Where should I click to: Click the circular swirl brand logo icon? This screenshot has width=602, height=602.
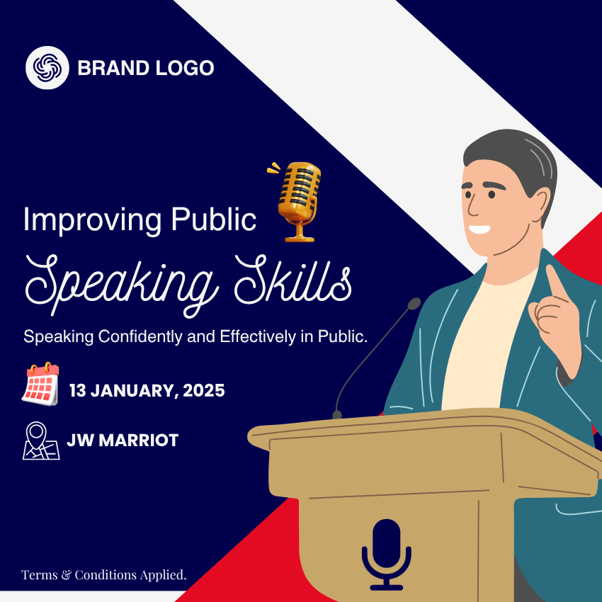[x=47, y=68]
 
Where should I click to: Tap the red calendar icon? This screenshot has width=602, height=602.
[x=40, y=383]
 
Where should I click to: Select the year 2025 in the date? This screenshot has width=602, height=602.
[x=204, y=391]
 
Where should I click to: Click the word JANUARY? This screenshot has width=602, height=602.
[x=134, y=391]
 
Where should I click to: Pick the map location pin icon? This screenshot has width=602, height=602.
[x=41, y=441]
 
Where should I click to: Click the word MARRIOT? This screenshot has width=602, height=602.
[x=139, y=440]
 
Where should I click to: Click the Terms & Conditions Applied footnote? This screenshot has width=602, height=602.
[x=103, y=575]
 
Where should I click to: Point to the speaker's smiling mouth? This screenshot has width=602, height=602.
[x=479, y=229]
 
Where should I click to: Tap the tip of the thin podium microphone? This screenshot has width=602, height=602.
[x=414, y=304]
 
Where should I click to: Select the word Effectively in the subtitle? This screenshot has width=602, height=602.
[x=258, y=336]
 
